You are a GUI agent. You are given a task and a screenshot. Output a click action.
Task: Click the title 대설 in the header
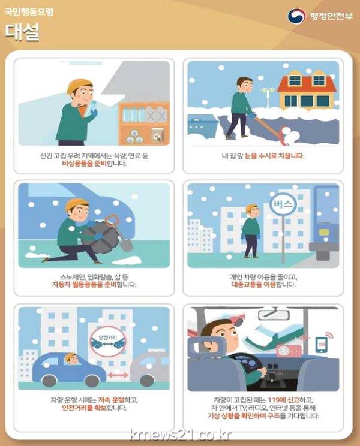coord(22,32)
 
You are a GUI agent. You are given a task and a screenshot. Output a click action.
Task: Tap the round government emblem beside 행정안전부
coord(296,16)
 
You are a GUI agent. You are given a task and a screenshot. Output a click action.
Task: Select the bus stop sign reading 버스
coord(283,204)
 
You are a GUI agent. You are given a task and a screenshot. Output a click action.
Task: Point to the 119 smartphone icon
coord(322,345)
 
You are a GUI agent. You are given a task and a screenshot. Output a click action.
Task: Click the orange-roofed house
coord(307,91)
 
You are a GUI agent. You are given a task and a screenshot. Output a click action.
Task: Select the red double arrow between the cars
coord(118,375)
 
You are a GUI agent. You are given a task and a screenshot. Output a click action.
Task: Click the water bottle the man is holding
coord(92,109)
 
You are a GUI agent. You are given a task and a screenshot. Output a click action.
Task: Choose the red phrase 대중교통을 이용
coord(254,284)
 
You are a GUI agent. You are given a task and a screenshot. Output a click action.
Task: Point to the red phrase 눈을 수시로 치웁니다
coord(274,156)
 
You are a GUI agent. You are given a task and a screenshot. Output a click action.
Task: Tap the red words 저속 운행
coord(111,400)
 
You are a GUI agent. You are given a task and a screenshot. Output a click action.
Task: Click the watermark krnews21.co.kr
coord(181,435)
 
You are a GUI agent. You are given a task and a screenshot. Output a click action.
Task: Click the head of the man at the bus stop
coord(252,210)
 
